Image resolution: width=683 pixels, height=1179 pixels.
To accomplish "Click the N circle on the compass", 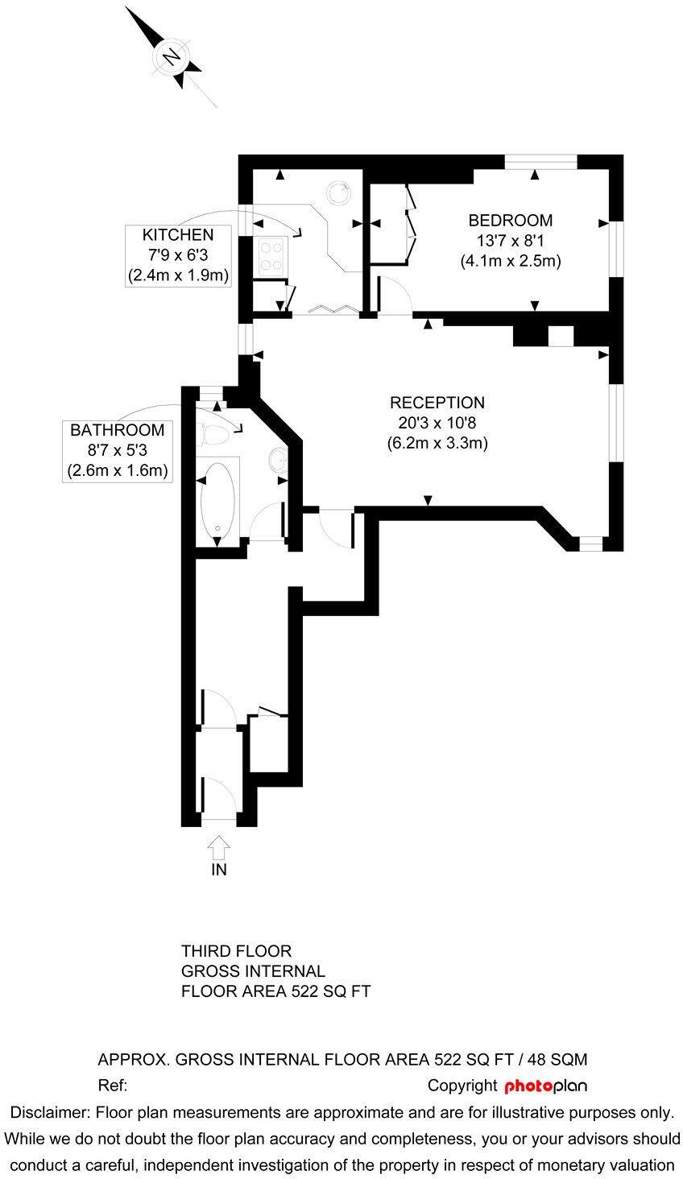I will pos(171,57).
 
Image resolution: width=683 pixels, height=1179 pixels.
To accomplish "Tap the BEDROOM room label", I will pos(511,220).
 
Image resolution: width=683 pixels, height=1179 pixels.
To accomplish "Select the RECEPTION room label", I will pos(437,403).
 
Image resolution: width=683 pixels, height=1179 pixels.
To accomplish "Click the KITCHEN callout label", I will pos(178,235).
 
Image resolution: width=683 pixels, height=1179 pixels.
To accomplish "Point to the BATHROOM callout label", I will pos(117,430).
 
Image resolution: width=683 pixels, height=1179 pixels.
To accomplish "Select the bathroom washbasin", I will pos(276,461).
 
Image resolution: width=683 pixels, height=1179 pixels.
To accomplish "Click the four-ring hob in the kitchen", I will pos(271,255).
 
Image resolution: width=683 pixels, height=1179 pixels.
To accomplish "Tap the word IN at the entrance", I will pos(219,870).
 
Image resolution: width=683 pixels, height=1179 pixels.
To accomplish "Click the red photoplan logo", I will pos(545,1086).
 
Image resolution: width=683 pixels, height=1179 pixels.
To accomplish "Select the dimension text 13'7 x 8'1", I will pos(511,240).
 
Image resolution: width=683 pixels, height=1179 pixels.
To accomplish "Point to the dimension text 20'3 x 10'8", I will pos(437,422).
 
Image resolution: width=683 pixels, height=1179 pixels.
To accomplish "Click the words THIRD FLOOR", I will pos(236,951).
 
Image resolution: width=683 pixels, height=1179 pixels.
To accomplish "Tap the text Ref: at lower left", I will pos(113,1086).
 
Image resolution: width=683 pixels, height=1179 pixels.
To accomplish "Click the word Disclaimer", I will pos(49,1113).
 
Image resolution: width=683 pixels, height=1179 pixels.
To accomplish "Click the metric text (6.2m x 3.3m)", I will pos(437,442).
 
